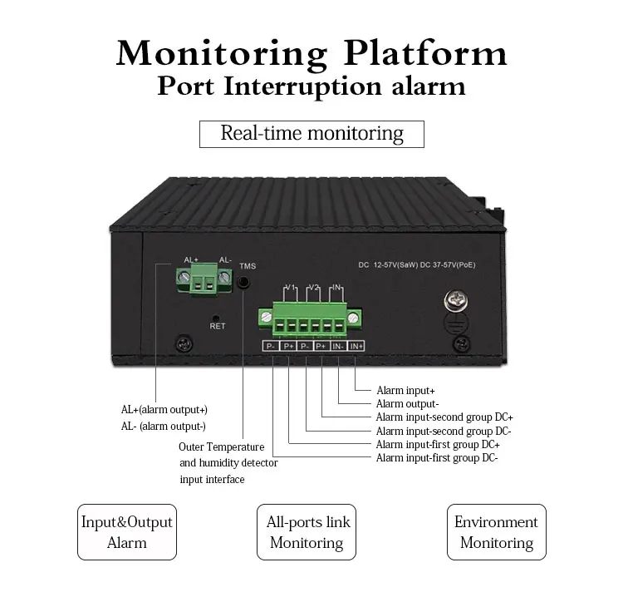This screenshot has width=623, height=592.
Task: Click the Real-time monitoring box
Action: click(x=311, y=134)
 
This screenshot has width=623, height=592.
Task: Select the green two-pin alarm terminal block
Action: click(x=200, y=283)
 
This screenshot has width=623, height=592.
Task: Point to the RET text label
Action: click(x=217, y=326)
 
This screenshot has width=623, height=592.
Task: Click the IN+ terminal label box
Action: click(x=356, y=346)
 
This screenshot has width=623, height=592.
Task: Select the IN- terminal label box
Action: click(x=338, y=346)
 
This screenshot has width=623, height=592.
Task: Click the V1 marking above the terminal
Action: click(x=289, y=288)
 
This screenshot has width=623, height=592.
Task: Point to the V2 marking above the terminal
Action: click(x=313, y=288)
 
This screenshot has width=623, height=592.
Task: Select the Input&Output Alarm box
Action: click(x=126, y=532)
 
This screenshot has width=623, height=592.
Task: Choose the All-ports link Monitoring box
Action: click(x=307, y=532)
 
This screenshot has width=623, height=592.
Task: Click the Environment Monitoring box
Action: click(x=496, y=532)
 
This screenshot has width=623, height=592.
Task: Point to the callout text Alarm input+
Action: click(x=405, y=390)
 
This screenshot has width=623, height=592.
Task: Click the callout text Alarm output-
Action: click(x=407, y=403)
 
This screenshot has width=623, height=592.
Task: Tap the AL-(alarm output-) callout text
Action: click(x=163, y=427)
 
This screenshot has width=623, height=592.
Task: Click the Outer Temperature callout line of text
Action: click(x=221, y=446)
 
